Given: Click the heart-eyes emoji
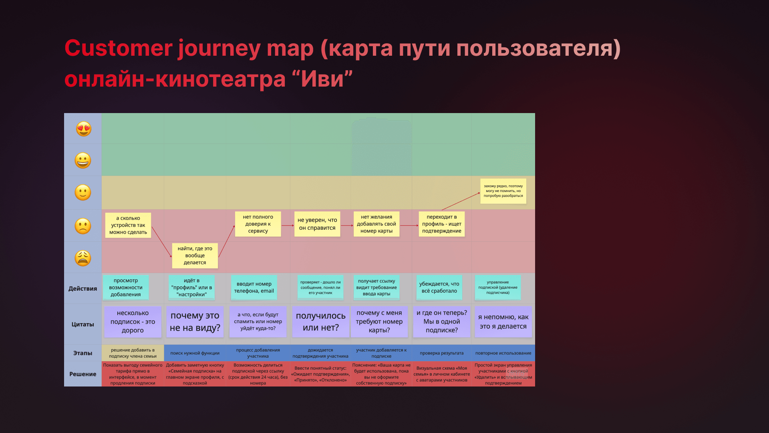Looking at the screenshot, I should [84, 129].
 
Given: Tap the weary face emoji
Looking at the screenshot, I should [83, 258].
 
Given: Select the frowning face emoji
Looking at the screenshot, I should [83, 226].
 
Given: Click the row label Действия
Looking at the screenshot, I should [83, 289].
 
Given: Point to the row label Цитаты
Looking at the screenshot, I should [83, 324].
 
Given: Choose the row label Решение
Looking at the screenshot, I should [83, 374].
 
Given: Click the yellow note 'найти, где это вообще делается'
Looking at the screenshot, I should [195, 256].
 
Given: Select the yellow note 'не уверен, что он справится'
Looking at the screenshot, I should [317, 224].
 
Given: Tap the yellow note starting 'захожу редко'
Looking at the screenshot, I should [503, 191].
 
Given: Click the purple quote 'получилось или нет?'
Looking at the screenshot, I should [320, 322].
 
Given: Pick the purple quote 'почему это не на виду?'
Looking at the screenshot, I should [195, 322].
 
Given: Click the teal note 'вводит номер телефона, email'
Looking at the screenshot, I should [254, 287].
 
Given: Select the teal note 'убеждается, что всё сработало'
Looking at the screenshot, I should [439, 287].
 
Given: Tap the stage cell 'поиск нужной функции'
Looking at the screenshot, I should [195, 353].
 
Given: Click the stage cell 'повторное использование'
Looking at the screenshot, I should [503, 353].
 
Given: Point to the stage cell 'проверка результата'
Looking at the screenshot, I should [441, 353].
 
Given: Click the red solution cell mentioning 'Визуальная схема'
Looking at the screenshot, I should [441, 374].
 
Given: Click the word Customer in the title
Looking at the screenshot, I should [118, 49].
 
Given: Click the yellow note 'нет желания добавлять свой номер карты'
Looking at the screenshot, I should [376, 224].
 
